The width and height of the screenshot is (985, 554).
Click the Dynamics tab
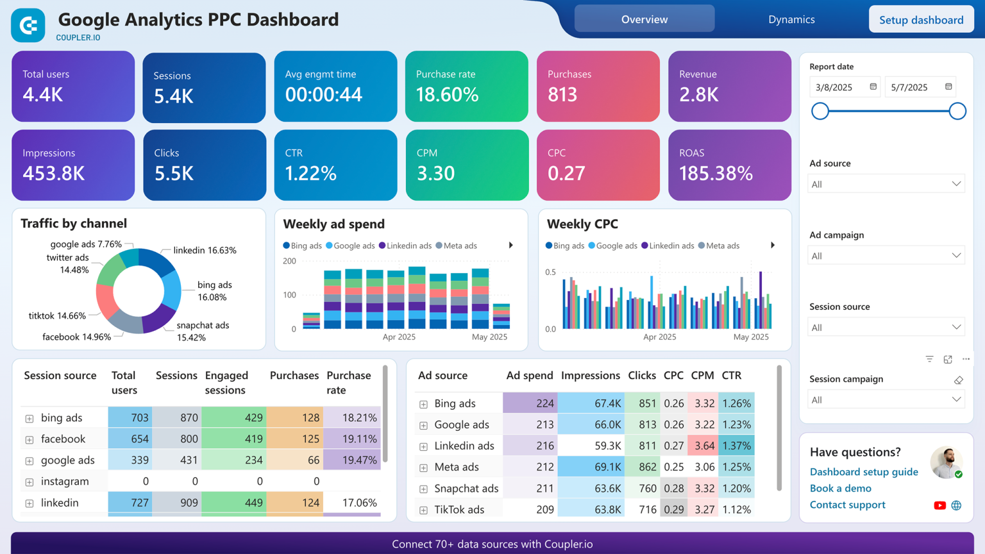click(x=791, y=20)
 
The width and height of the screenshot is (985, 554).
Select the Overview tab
click(x=644, y=20)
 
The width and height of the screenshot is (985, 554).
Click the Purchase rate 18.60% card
click(x=466, y=87)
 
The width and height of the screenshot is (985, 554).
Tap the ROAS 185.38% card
click(x=729, y=165)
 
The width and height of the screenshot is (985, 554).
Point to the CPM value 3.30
click(x=435, y=173)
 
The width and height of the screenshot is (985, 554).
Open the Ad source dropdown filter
click(x=886, y=184)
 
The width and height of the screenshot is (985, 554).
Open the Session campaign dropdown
click(x=886, y=399)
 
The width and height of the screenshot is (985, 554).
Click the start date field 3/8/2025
click(x=840, y=87)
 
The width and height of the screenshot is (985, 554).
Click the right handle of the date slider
click(x=957, y=111)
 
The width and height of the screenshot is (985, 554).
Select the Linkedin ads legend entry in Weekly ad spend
click(x=405, y=246)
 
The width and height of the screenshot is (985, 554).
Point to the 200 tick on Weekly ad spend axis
click(x=289, y=261)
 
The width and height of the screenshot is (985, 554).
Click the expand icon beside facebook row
click(x=29, y=440)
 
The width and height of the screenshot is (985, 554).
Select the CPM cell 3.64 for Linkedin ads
click(x=703, y=446)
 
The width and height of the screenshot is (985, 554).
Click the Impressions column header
click(x=590, y=376)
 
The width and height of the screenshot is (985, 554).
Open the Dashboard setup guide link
click(x=863, y=472)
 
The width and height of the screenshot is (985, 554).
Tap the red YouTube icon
click(x=939, y=505)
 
